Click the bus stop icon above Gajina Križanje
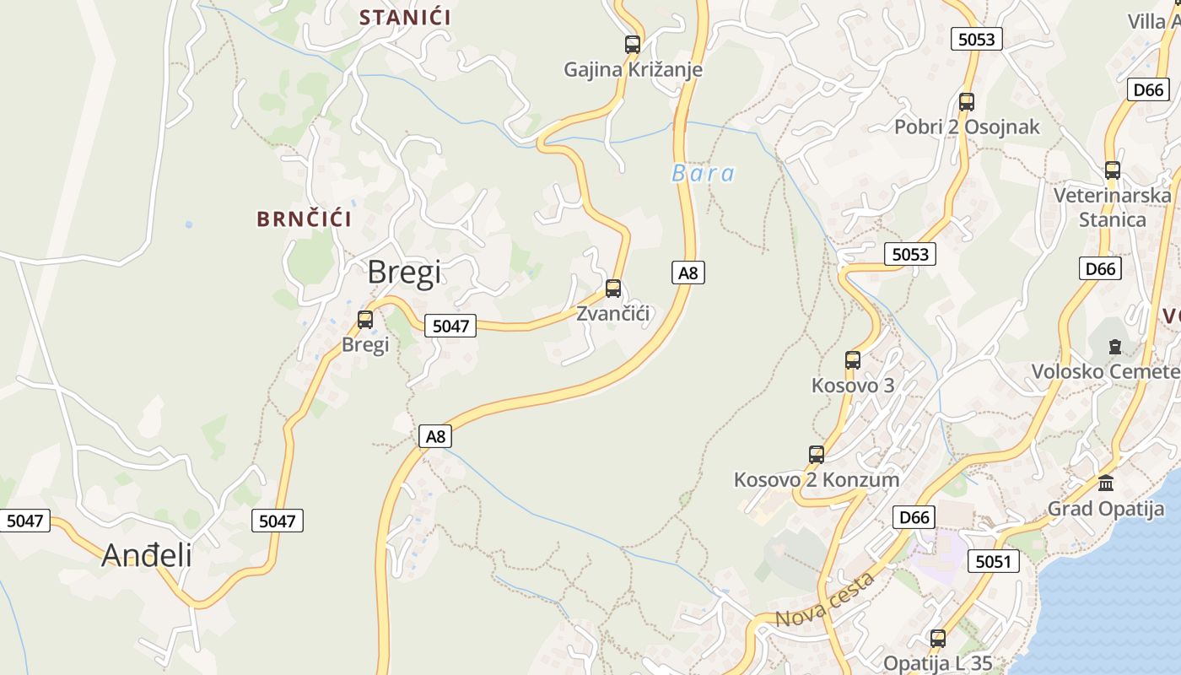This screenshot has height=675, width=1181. pyautogui.click(x=632, y=45)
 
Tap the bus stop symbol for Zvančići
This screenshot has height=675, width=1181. pyautogui.click(x=613, y=289)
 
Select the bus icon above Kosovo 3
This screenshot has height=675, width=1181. pyautogui.click(x=853, y=360)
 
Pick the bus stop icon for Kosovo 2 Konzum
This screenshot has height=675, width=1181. pyautogui.click(x=817, y=455)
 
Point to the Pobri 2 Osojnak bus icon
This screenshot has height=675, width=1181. pyautogui.click(x=967, y=102)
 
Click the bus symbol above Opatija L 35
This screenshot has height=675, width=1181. pyautogui.click(x=938, y=639)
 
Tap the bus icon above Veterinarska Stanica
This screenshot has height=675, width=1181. pyautogui.click(x=1113, y=170)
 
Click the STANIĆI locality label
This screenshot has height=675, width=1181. pyautogui.click(x=405, y=17)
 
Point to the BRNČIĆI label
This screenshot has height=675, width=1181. pyautogui.click(x=304, y=219)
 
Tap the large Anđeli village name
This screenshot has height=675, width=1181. pyautogui.click(x=147, y=555)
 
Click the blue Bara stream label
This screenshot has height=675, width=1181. pyautogui.click(x=703, y=174)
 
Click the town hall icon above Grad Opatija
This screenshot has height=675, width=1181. pyautogui.click(x=1106, y=483)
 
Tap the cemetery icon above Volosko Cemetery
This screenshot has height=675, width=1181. pyautogui.click(x=1115, y=346)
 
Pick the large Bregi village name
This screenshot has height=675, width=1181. pyautogui.click(x=404, y=272)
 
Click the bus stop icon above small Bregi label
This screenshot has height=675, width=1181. pyautogui.click(x=365, y=320)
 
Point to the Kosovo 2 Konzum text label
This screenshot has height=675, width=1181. pyautogui.click(x=817, y=479)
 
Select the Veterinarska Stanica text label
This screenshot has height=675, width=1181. pyautogui.click(x=1113, y=208)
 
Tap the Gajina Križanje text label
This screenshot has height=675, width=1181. pyautogui.click(x=633, y=69)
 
